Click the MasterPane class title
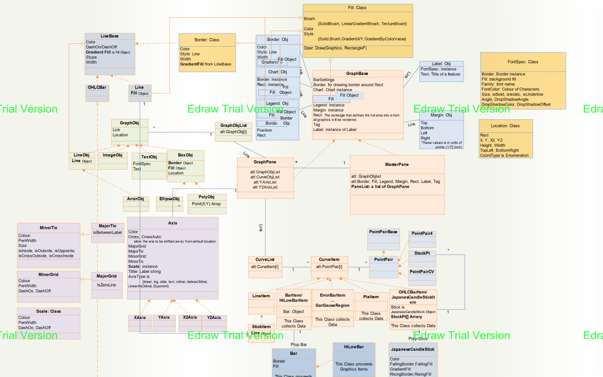pyautogui.click(x=397, y=164)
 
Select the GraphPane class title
pyautogui.click(x=265, y=162)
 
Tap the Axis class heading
pyautogui.click(x=172, y=223)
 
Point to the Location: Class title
pyautogui.click(x=505, y=126)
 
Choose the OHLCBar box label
pyautogui.click(x=97, y=87)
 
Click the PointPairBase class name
pyautogui.click(x=383, y=232)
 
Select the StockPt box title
pyautogui.click(x=422, y=254)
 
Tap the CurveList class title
pyautogui.click(x=265, y=260)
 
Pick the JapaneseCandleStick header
pyautogui.click(x=413, y=349)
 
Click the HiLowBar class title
pyautogui.click(x=354, y=347)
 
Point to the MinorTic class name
pyautogui.click(x=48, y=228)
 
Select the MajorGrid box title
pyautogui.click(x=106, y=276)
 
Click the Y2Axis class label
pyautogui.click(x=214, y=318)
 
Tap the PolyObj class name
pyautogui.click(x=206, y=197)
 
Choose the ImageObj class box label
pyautogui.click(x=113, y=155)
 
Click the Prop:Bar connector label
pyautogui.click(x=299, y=344)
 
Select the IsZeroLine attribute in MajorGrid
pyautogui.click(x=106, y=285)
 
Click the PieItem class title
pyautogui.click(x=371, y=297)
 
